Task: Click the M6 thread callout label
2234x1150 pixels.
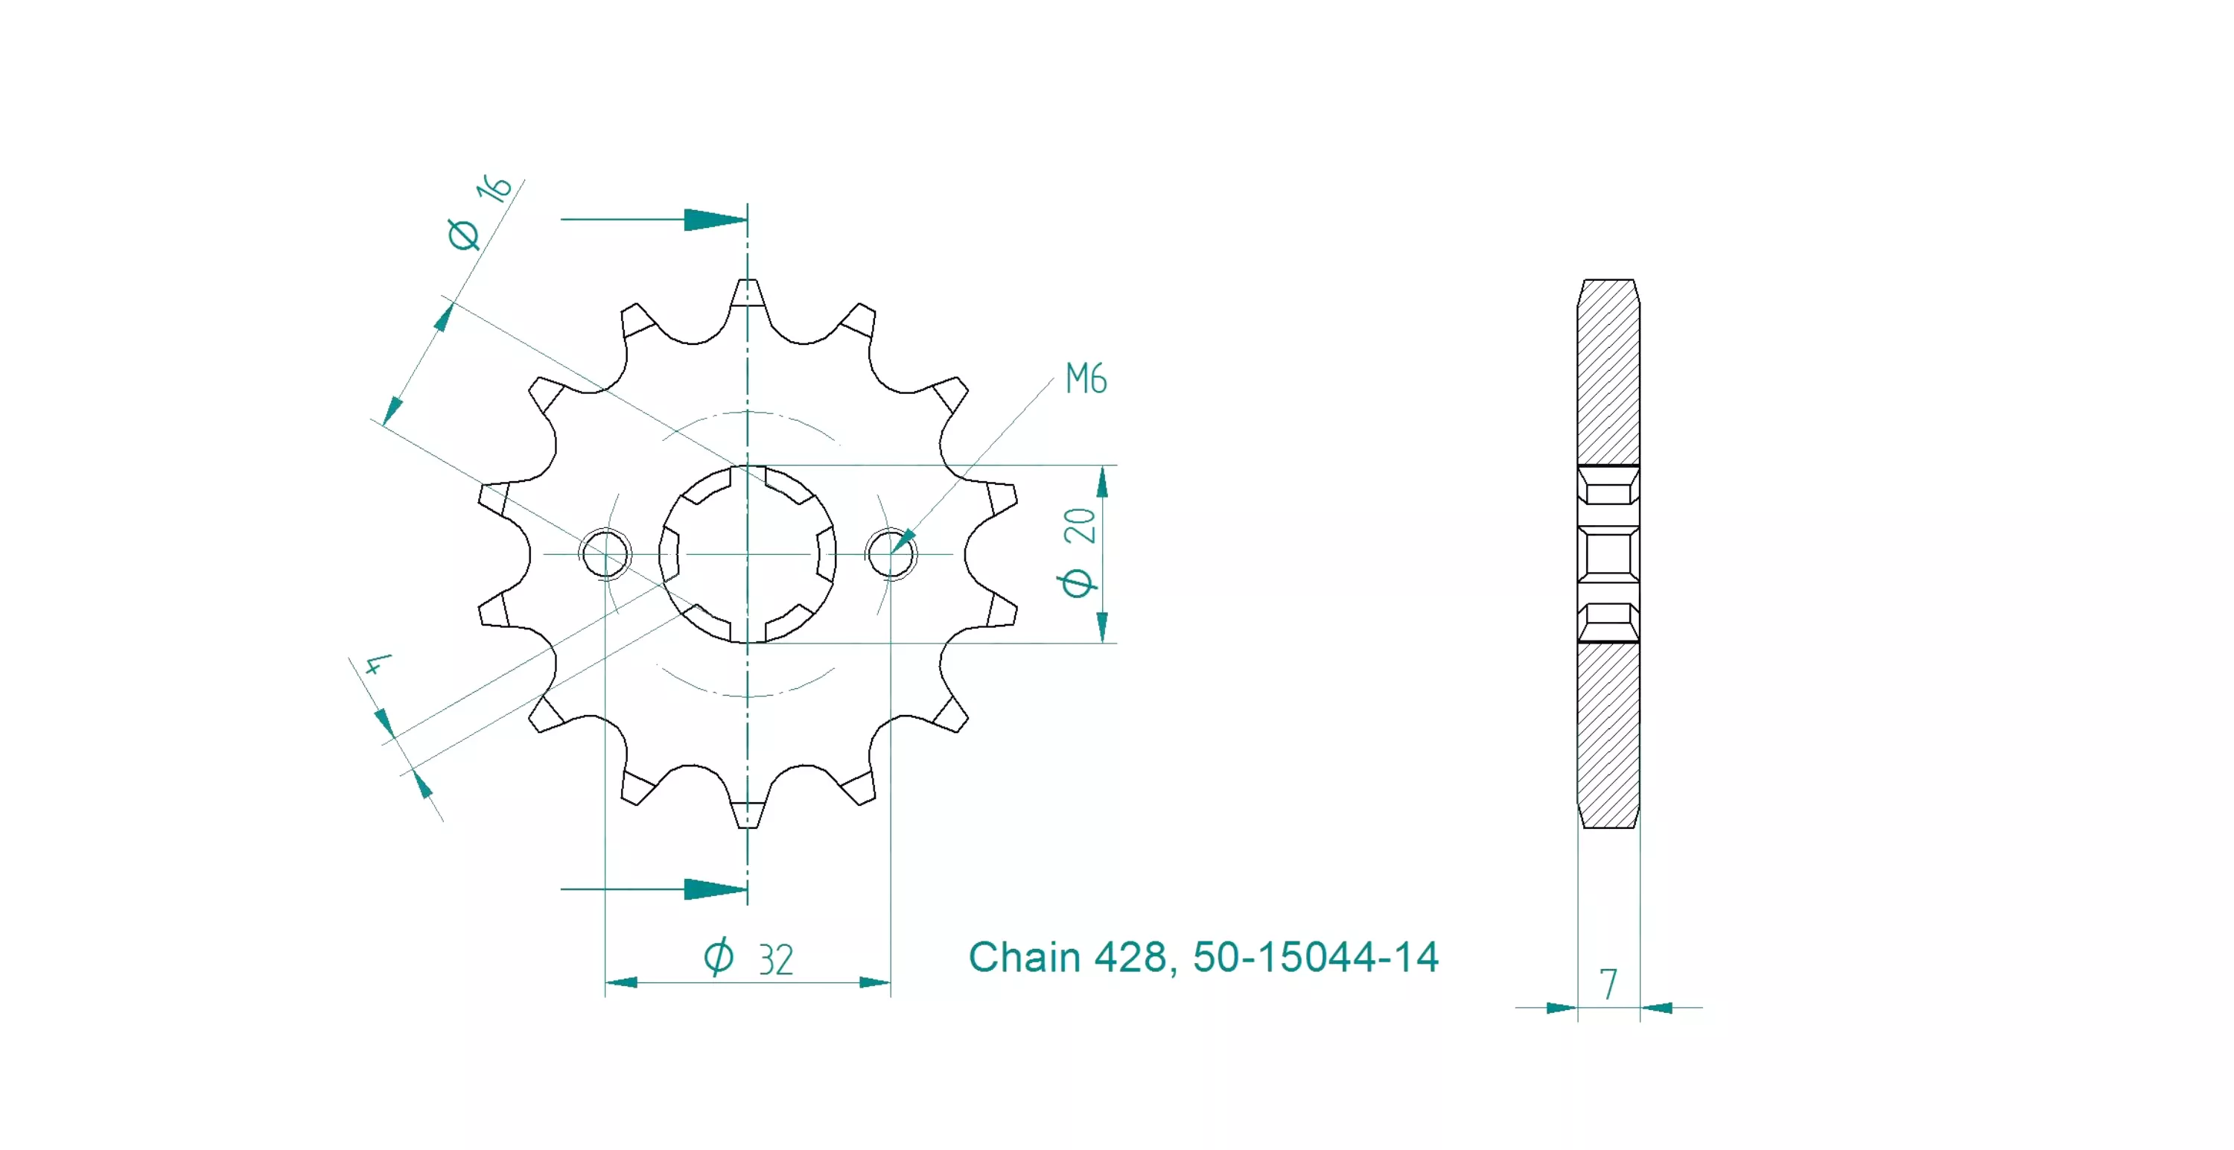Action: [1086, 379]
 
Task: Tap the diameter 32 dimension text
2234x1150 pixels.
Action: [748, 958]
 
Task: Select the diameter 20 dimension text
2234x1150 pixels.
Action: [1080, 553]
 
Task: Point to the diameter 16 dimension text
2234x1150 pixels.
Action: [480, 212]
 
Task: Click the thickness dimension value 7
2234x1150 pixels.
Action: [1608, 985]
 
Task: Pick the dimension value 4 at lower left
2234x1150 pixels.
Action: [378, 664]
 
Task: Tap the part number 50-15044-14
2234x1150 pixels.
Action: [1316, 958]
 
